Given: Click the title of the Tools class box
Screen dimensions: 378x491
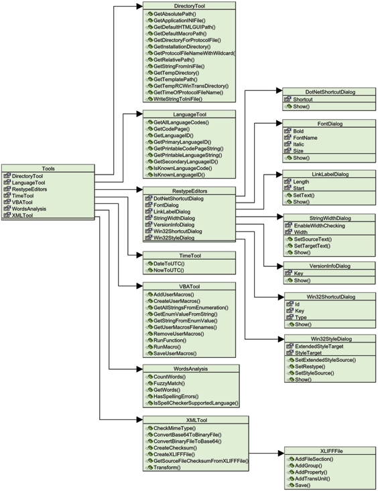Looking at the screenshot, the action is [48, 169].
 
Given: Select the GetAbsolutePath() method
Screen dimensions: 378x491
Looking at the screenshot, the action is [174, 14].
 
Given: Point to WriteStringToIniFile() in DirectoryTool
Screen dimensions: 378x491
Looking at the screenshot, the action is [178, 99].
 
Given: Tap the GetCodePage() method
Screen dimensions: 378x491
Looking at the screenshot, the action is [172, 129].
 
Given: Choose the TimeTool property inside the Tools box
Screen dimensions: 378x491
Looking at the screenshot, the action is [23, 196].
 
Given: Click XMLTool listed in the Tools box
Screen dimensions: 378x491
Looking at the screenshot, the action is [22, 215].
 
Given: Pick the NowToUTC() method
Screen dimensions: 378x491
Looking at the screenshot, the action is [169, 270].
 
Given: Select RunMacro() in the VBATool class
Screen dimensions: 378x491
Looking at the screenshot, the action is [167, 347].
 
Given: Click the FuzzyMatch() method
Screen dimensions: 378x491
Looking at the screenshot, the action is [169, 383].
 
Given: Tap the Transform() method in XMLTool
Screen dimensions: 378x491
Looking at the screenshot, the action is [167, 468].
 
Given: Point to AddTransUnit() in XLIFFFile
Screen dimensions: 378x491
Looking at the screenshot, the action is [312, 478].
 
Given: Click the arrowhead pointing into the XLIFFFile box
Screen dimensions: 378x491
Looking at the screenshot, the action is [281, 453].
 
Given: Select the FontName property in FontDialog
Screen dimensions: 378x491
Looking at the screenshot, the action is [305, 138].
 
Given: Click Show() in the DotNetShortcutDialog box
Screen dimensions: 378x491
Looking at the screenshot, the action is [301, 106].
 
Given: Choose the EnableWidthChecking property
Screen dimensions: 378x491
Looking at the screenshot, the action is [319, 225].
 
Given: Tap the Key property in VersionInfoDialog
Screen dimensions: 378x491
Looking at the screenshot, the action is [298, 274].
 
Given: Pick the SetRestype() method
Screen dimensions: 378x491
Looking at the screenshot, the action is [310, 367].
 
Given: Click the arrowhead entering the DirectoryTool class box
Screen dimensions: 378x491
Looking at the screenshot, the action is [139, 6].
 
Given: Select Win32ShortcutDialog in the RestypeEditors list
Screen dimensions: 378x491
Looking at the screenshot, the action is [178, 231].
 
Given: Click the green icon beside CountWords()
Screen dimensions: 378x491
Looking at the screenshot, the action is [150, 377].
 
